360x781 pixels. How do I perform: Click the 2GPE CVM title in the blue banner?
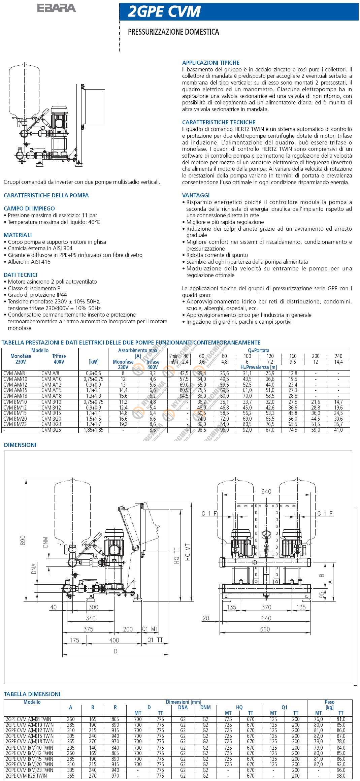[x=164, y=12]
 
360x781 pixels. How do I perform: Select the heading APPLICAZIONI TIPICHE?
[x=211, y=63]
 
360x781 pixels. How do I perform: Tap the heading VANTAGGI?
[x=196, y=195]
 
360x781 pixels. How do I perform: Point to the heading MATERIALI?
[x=18, y=235]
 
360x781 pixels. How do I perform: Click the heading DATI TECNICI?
[x=21, y=275]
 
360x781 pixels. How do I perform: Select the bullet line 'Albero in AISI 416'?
[x=29, y=262]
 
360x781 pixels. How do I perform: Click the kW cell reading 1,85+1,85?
[x=93, y=430]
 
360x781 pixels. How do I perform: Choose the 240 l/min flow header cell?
[x=338, y=356]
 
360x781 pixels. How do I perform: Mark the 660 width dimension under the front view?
[x=265, y=629]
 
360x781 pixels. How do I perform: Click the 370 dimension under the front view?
[x=266, y=607]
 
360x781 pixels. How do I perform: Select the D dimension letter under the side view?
[x=116, y=651]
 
